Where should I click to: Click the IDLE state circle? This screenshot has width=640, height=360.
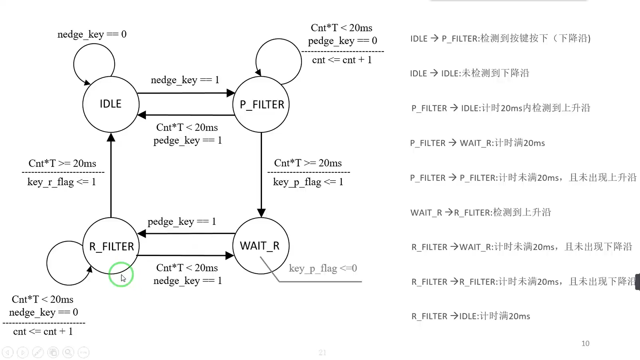[111, 104]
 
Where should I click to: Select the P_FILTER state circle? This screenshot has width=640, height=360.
[261, 105]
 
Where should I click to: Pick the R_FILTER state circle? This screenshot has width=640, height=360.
[111, 246]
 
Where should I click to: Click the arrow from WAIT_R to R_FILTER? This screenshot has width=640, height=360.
[187, 234]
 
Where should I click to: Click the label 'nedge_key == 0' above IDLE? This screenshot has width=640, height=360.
[92, 34]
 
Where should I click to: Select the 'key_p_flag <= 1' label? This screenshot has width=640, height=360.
[308, 182]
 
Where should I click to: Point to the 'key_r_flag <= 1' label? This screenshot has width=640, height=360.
[62, 182]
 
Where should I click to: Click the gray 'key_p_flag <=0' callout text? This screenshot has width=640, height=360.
[323, 268]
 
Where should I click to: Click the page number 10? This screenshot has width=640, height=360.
[585, 343]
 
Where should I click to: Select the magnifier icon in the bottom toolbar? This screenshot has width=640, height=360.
[68, 352]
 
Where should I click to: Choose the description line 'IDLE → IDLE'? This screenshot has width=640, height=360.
[470, 73]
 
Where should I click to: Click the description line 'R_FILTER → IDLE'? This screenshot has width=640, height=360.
[471, 316]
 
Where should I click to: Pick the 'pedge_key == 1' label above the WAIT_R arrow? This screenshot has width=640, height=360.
[182, 222]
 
